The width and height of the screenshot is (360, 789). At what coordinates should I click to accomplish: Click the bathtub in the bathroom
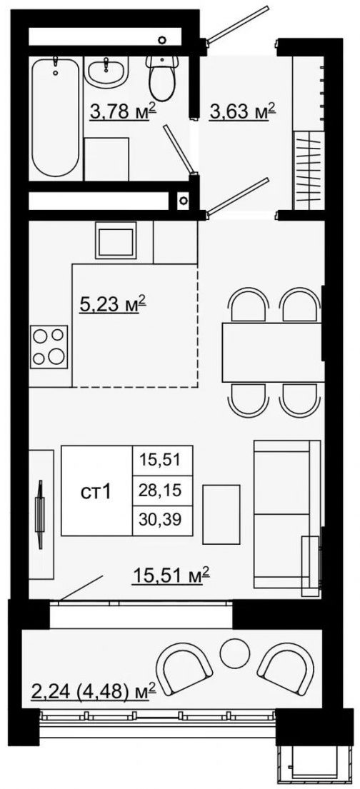tap(55, 116)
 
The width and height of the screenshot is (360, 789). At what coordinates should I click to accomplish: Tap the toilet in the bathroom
tap(162, 78)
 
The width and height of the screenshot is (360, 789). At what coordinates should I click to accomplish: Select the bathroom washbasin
tap(106, 71)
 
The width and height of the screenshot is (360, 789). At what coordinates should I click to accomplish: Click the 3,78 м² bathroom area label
tap(122, 111)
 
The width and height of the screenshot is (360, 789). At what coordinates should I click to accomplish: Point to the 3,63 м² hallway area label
tap(242, 111)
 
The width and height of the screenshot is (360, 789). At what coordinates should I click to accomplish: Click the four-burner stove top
tap(49, 347)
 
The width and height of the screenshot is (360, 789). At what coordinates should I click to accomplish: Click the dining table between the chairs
tap(272, 352)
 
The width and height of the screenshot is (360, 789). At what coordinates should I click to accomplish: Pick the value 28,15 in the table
tap(163, 489)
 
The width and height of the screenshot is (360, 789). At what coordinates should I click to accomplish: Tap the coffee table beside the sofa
tap(221, 514)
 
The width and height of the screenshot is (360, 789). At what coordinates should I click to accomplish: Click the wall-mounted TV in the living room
tap(40, 514)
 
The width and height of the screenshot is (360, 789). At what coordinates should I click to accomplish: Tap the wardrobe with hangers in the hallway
tap(308, 169)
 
